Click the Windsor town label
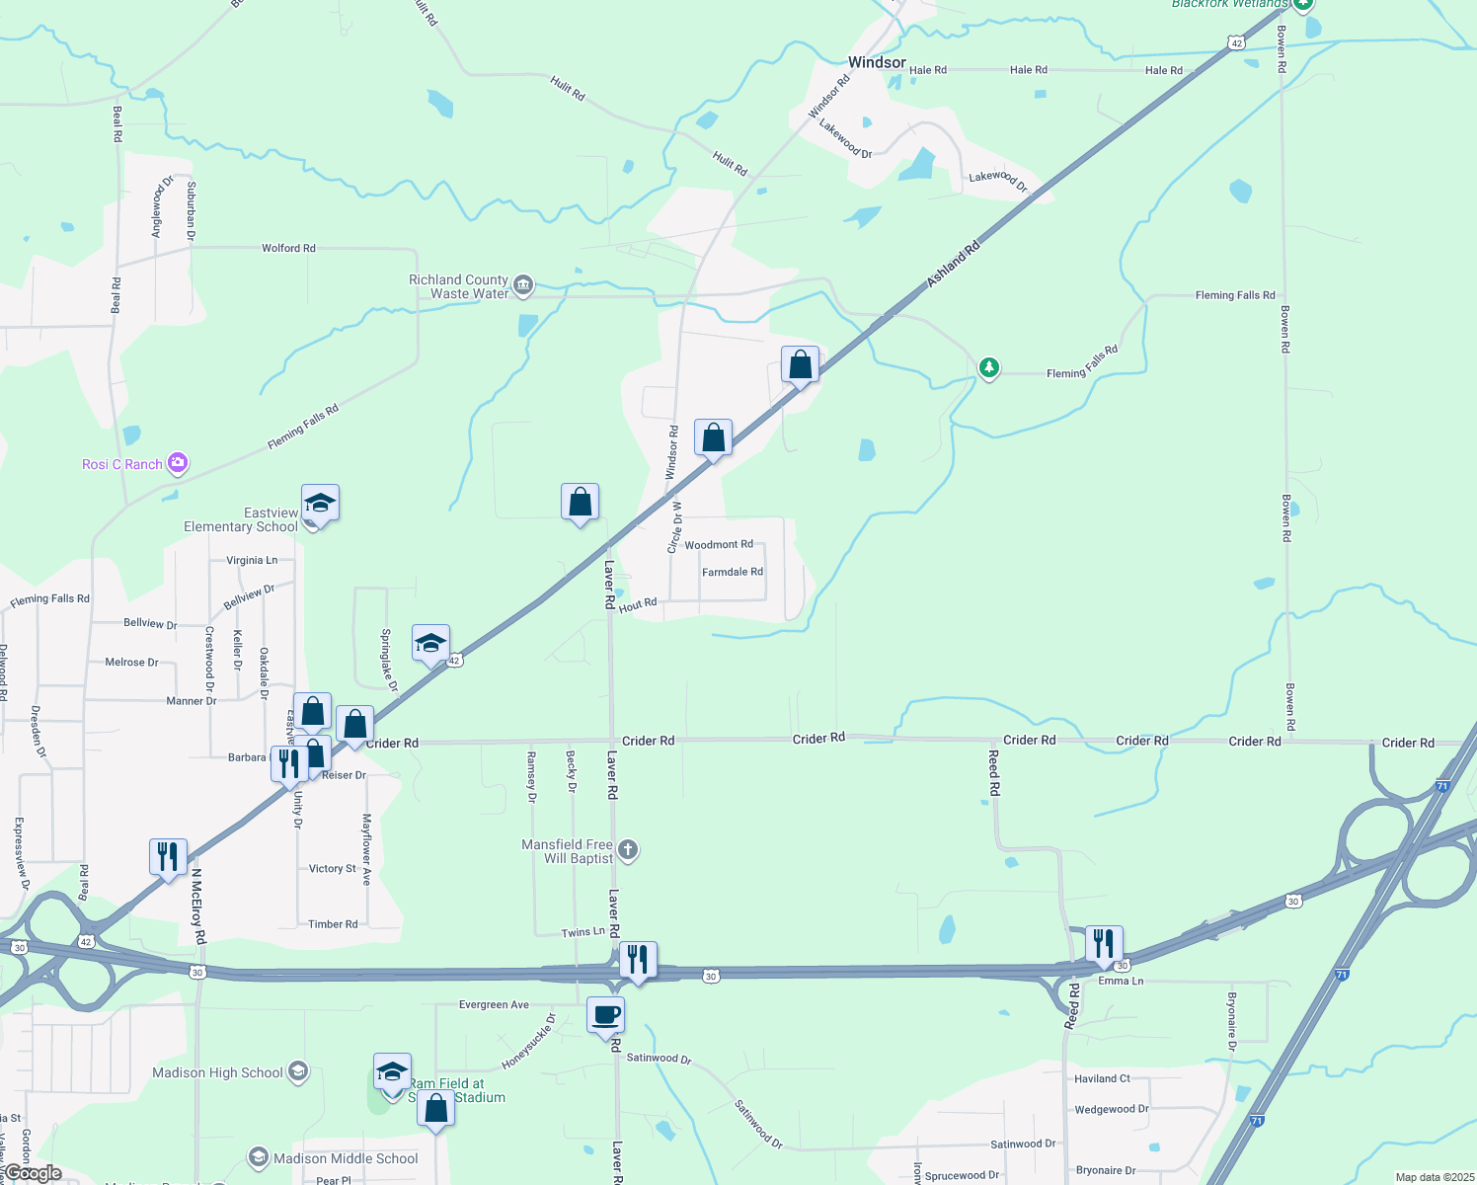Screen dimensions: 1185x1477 tap(877, 62)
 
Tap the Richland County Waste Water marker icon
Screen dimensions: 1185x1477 tap(523, 286)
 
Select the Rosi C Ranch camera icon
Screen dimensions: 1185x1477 tap(178, 462)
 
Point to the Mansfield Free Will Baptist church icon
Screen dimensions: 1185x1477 tap(628, 850)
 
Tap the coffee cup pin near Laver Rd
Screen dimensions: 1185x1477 tap(606, 1014)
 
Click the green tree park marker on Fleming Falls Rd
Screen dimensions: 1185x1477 tap(988, 367)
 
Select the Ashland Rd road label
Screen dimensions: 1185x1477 tap(953, 264)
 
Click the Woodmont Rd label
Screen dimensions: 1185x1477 tap(719, 545)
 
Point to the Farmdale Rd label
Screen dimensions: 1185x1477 tap(733, 573)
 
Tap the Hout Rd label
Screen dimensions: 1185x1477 tap(638, 604)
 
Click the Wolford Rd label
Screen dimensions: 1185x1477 tap(288, 248)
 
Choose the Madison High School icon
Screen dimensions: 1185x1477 tap(298, 1072)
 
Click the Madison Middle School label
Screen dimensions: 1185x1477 tap(346, 1158)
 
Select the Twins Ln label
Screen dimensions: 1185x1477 tap(583, 932)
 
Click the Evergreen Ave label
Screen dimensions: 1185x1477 tap(494, 1005)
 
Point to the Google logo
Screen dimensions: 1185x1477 tap(33, 1173)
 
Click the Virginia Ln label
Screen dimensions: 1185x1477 tap(252, 560)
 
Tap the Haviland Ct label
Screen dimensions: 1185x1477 tap(1103, 1078)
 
